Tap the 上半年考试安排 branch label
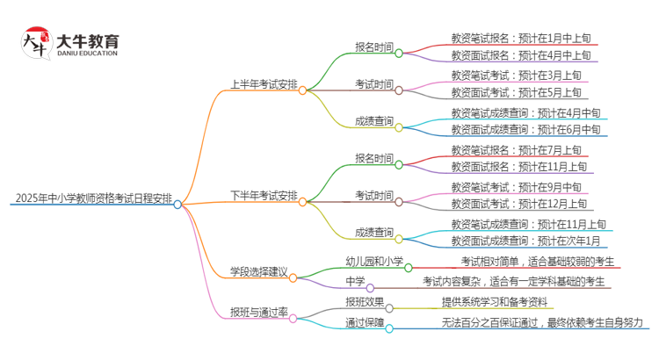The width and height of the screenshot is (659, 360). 263,85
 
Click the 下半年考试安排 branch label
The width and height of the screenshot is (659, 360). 263,195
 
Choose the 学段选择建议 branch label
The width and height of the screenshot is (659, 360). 257,270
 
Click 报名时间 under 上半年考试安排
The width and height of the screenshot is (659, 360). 373,47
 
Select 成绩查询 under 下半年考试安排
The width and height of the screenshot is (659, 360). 373,232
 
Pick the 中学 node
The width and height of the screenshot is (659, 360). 355,281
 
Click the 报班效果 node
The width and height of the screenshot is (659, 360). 364,301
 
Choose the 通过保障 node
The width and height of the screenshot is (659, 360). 364,322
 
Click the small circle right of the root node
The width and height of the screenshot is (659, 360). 177,204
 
